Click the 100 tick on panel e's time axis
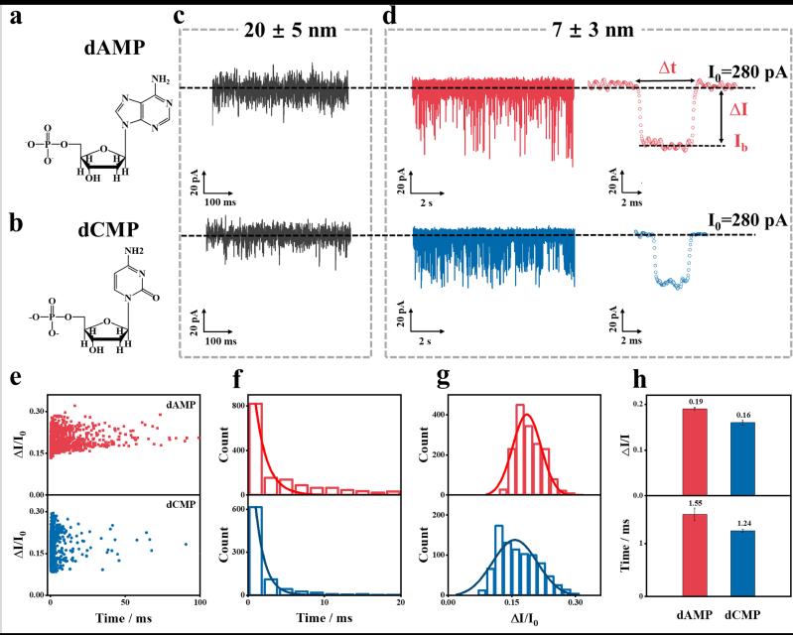tap(198, 603)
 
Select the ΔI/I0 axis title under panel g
tap(515, 620)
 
